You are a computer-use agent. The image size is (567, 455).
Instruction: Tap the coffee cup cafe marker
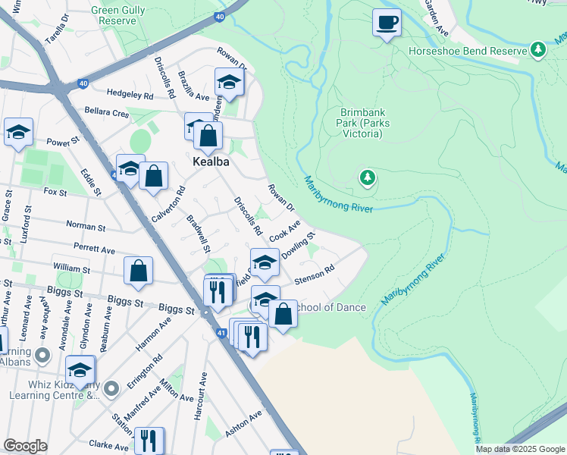(387, 23)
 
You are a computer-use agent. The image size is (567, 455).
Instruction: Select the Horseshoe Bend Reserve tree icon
(539, 50)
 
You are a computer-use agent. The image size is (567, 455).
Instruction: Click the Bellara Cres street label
(108, 112)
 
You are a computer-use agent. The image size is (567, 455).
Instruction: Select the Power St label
(63, 141)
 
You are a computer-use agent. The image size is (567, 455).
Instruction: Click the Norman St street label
(85, 227)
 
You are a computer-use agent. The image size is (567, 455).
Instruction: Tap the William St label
(71, 268)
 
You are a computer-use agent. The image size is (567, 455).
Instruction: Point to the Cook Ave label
(285, 231)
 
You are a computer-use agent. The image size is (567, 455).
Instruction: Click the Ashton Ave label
(243, 425)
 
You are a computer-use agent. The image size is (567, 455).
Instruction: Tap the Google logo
(25, 446)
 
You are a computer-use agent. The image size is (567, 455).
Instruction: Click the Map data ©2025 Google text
(519, 449)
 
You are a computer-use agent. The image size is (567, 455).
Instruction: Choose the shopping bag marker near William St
(139, 272)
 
